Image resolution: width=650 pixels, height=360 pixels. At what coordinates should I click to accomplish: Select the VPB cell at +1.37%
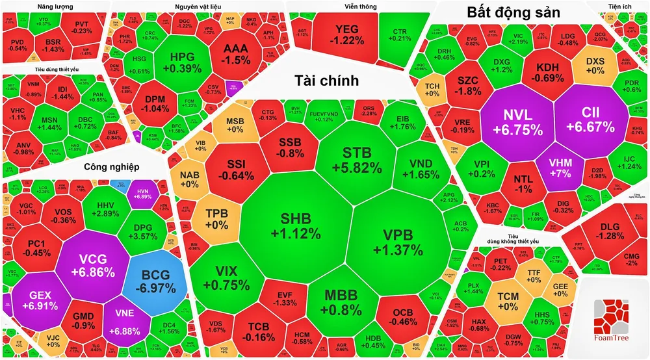398,242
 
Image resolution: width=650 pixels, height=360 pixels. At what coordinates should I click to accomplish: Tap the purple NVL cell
517,122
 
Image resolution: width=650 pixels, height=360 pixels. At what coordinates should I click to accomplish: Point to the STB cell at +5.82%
362,159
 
